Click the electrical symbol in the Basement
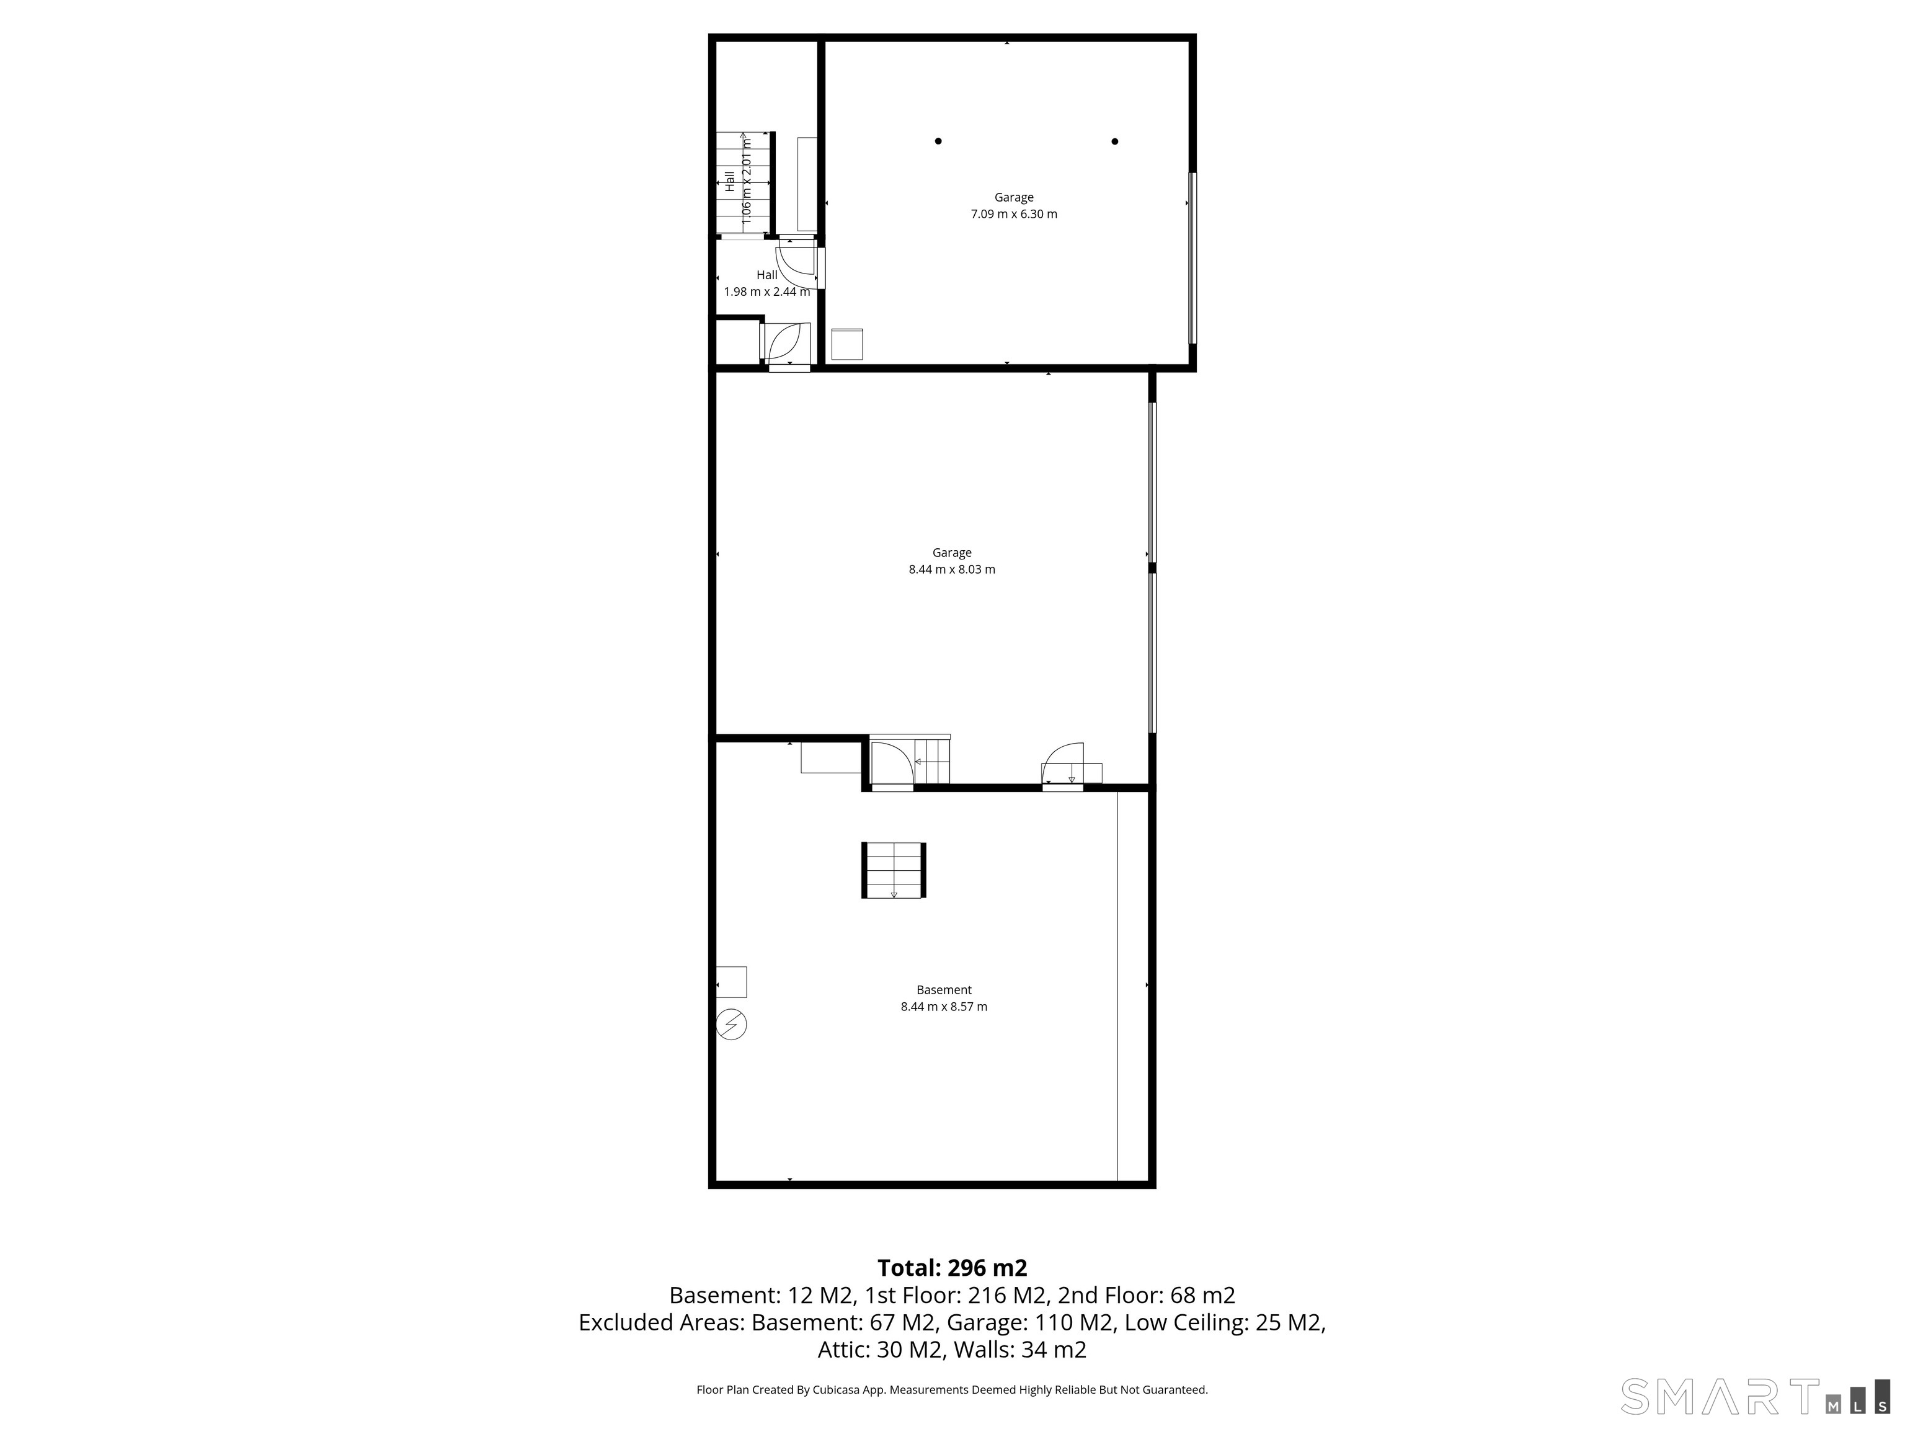coord(731,1024)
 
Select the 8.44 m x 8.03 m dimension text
coord(952,569)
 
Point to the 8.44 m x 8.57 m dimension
coord(944,1007)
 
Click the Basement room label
coord(944,991)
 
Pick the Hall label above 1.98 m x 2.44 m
coord(766,275)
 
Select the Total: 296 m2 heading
coord(952,1268)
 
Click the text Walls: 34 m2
coord(1019,1350)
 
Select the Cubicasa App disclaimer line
coord(952,1389)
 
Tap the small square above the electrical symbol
coord(732,982)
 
